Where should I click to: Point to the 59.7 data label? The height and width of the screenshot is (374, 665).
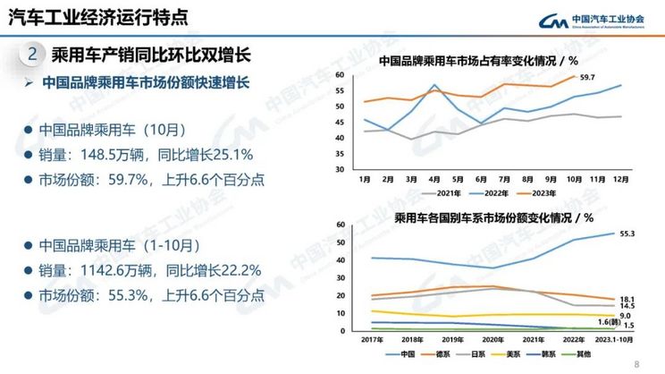pyautogui.click(x=587, y=79)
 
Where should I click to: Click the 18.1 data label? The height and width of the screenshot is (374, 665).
pyautogui.click(x=627, y=299)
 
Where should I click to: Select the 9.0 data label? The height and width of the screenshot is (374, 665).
pyautogui.click(x=626, y=315)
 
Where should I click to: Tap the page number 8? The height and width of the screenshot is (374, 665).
pyautogui.click(x=636, y=364)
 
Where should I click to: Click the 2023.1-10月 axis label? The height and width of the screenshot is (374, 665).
pyautogui.click(x=615, y=340)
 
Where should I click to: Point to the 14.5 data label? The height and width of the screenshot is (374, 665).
pyautogui.click(x=627, y=307)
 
